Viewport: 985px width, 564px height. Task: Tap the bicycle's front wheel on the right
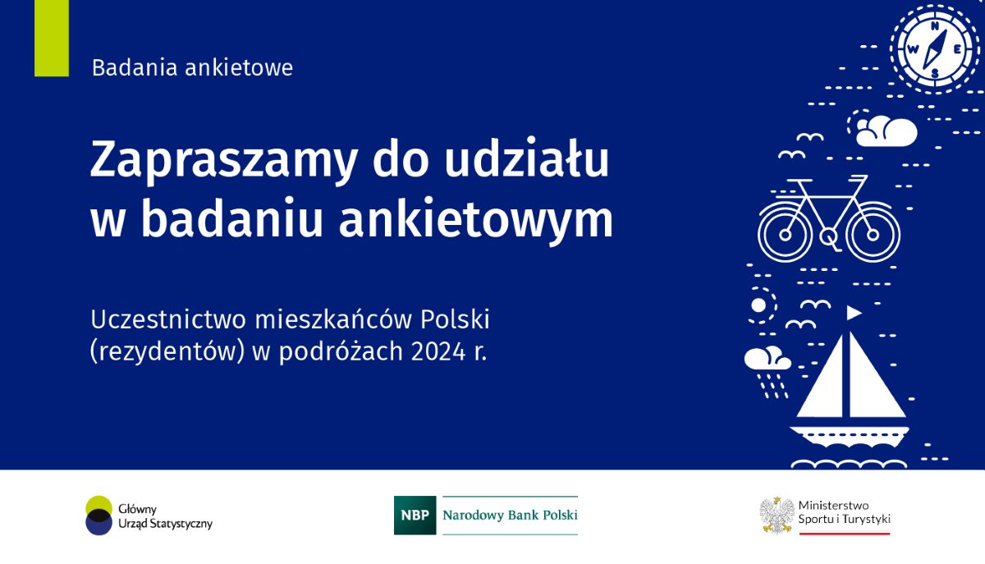[x=873, y=232]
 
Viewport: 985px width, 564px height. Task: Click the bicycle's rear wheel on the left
[x=786, y=232]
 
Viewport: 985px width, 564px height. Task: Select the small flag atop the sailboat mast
[x=854, y=313]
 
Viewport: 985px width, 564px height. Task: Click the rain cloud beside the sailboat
[x=767, y=360]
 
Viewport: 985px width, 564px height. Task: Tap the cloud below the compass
[x=886, y=131]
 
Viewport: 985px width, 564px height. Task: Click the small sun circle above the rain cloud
[x=759, y=305]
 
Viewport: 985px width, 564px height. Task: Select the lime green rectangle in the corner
[x=52, y=39]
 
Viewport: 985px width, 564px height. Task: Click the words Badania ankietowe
[x=192, y=68]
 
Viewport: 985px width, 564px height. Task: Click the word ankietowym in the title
[x=476, y=220]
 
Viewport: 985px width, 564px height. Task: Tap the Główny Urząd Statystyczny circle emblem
[x=99, y=516]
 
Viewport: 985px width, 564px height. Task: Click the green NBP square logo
[x=415, y=516]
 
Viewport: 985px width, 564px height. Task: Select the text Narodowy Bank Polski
[x=510, y=516]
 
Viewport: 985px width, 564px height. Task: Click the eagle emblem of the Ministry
[x=776, y=515]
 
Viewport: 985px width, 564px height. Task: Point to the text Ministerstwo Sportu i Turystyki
[x=844, y=512]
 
